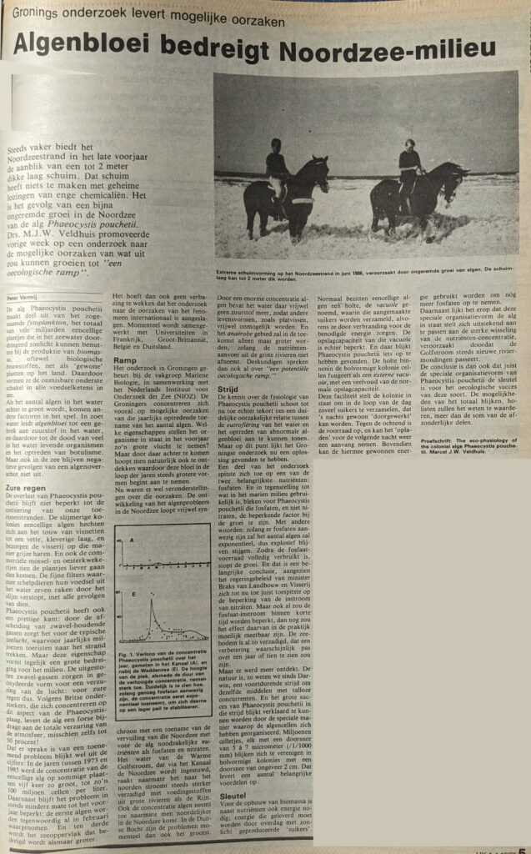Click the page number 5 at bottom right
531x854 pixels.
coord(519,843)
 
